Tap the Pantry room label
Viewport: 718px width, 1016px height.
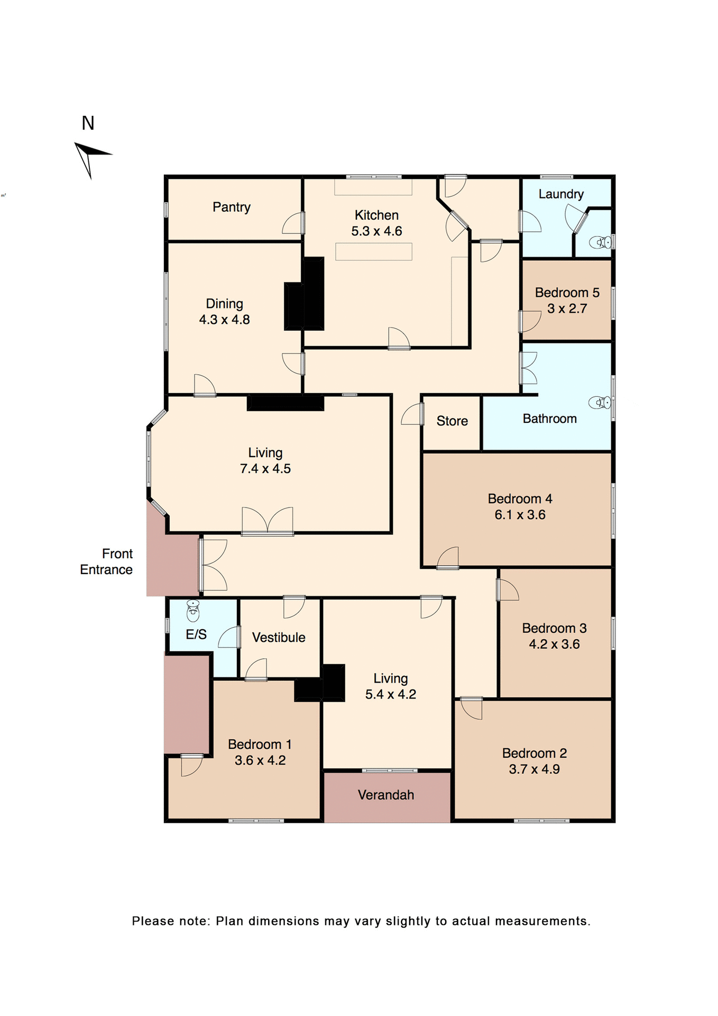(x=232, y=207)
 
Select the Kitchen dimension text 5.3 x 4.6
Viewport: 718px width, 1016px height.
(x=376, y=231)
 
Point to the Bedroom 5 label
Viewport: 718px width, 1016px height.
(x=567, y=293)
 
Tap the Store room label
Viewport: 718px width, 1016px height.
(x=452, y=421)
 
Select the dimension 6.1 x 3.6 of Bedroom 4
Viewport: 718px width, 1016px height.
(x=520, y=515)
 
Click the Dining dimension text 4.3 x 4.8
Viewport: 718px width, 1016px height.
(x=224, y=320)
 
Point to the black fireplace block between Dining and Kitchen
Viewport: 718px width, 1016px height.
(x=305, y=295)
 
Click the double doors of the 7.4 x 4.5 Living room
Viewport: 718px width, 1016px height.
(x=268, y=521)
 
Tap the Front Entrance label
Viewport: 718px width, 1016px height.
(x=107, y=561)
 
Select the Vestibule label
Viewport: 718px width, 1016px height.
(x=279, y=638)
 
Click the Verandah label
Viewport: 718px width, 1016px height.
(x=386, y=795)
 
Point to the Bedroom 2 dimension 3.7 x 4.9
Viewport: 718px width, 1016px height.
(x=534, y=769)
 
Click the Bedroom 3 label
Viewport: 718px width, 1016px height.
(x=554, y=628)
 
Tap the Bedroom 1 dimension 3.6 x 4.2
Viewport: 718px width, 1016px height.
(x=260, y=760)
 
